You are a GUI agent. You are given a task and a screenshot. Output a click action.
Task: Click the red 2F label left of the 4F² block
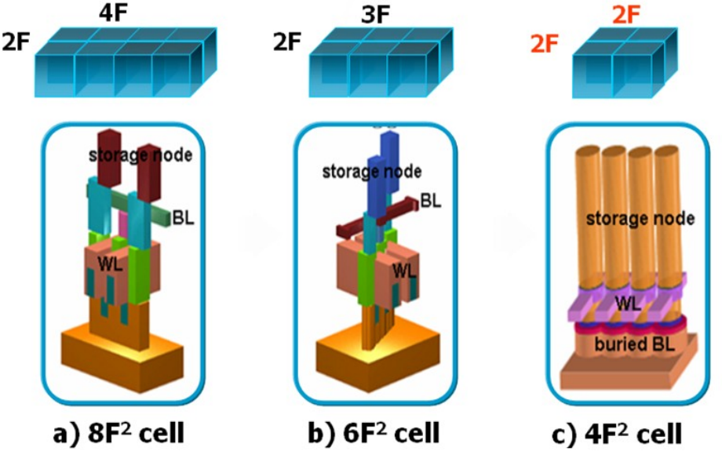tap(546, 43)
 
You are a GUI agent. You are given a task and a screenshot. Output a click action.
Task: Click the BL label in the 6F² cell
tap(430, 200)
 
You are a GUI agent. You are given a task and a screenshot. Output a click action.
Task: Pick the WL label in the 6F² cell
tap(405, 271)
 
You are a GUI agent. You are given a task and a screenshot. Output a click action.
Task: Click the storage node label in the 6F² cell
tap(372, 170)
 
